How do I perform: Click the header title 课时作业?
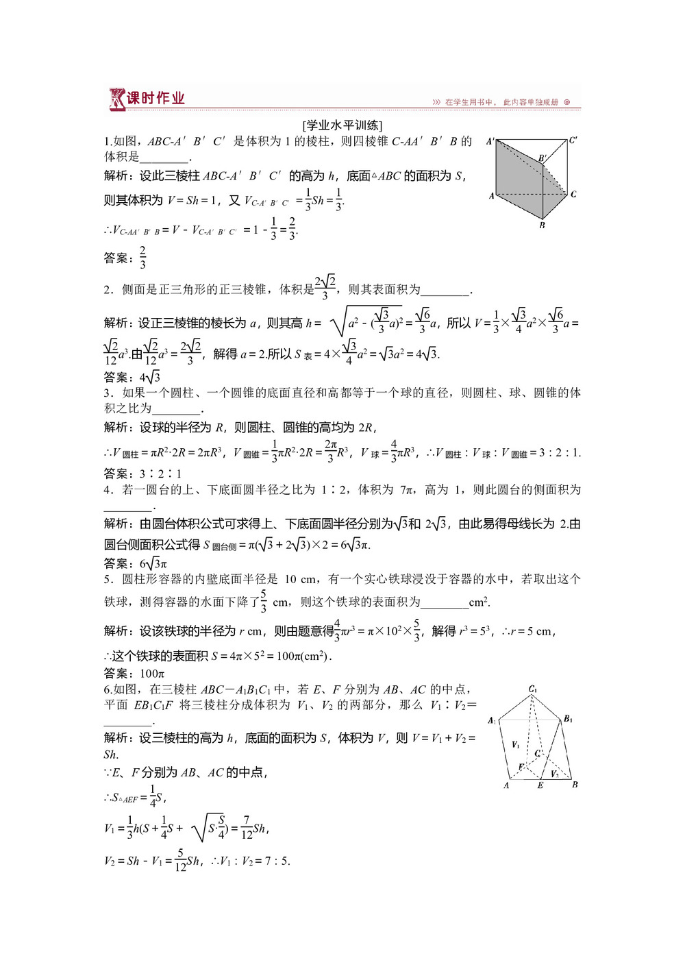click(155, 98)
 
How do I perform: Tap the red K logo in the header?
click(116, 99)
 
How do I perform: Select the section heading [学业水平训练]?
click(342, 125)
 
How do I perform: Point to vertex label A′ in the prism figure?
click(490, 141)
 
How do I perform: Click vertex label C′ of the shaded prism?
click(573, 140)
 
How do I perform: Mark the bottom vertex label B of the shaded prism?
click(542, 225)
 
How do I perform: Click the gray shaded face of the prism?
click(521, 171)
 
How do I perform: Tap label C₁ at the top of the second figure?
click(532, 689)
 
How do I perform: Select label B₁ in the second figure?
click(568, 719)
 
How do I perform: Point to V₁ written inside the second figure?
click(516, 744)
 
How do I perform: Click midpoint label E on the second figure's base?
click(540, 785)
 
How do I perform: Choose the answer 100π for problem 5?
click(152, 674)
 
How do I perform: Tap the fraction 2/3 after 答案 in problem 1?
click(142, 258)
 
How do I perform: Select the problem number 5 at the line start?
click(108, 579)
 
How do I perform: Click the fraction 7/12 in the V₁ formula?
click(247, 828)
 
